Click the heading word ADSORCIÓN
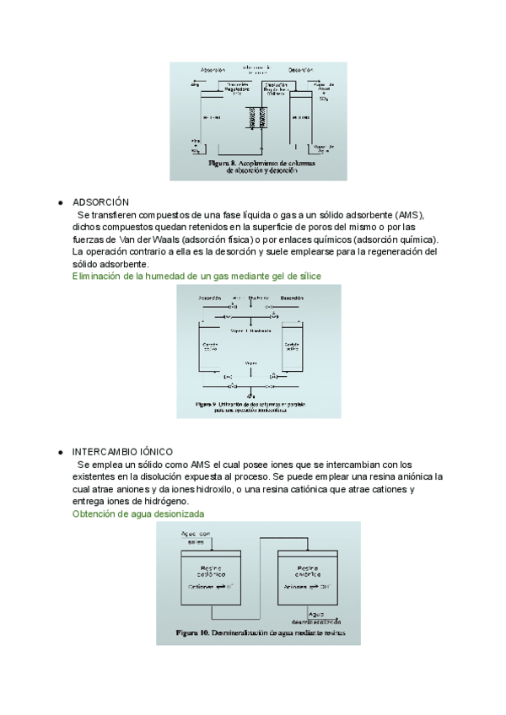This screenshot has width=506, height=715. click(100, 202)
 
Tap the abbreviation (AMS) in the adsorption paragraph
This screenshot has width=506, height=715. click(404, 215)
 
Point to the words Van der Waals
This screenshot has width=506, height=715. click(138, 239)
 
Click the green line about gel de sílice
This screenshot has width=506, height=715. click(196, 276)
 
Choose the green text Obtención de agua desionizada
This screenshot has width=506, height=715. click(138, 513)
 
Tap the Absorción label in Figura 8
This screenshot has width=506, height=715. click(213, 69)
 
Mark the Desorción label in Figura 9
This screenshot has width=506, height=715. click(292, 298)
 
